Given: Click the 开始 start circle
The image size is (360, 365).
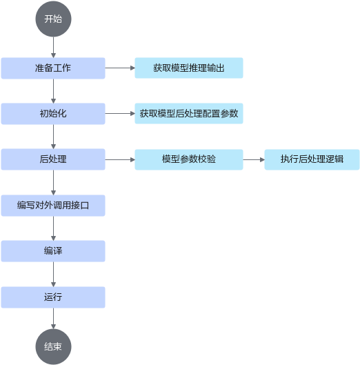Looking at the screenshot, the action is tap(53, 19).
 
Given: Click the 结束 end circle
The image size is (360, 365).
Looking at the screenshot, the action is tap(53, 346).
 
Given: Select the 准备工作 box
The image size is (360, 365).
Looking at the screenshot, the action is tap(53, 68).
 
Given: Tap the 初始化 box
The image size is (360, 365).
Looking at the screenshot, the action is tap(53, 114).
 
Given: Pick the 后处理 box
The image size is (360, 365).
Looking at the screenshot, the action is tap(53, 159).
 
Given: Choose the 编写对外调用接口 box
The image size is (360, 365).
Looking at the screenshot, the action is tap(53, 206).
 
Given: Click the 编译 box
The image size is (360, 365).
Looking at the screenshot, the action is tap(53, 251).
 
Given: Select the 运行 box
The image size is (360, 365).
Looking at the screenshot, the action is tap(53, 297).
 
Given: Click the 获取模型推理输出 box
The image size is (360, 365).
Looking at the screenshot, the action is tap(189, 68).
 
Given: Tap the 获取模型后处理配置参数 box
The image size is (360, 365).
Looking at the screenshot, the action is tap(189, 113).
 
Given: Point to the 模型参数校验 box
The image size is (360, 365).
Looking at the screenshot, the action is tap(189, 159).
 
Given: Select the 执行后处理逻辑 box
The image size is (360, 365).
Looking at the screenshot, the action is tap(312, 159).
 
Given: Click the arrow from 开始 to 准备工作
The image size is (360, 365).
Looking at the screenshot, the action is tap(53, 47).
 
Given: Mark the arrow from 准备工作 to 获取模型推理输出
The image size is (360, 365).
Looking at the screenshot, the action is tap(120, 68).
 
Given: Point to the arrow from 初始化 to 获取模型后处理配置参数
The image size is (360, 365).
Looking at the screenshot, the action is tap(120, 114).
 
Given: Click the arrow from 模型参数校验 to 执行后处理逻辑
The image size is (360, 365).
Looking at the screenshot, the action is tap(254, 159).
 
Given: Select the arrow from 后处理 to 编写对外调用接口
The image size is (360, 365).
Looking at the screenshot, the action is tap(53, 182).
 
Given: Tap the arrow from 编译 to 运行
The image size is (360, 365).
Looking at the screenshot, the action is tap(53, 274).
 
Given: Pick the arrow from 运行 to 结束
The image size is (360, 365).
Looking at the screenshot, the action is tap(53, 319).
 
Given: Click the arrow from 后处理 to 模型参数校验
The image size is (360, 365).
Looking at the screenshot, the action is tap(120, 159).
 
